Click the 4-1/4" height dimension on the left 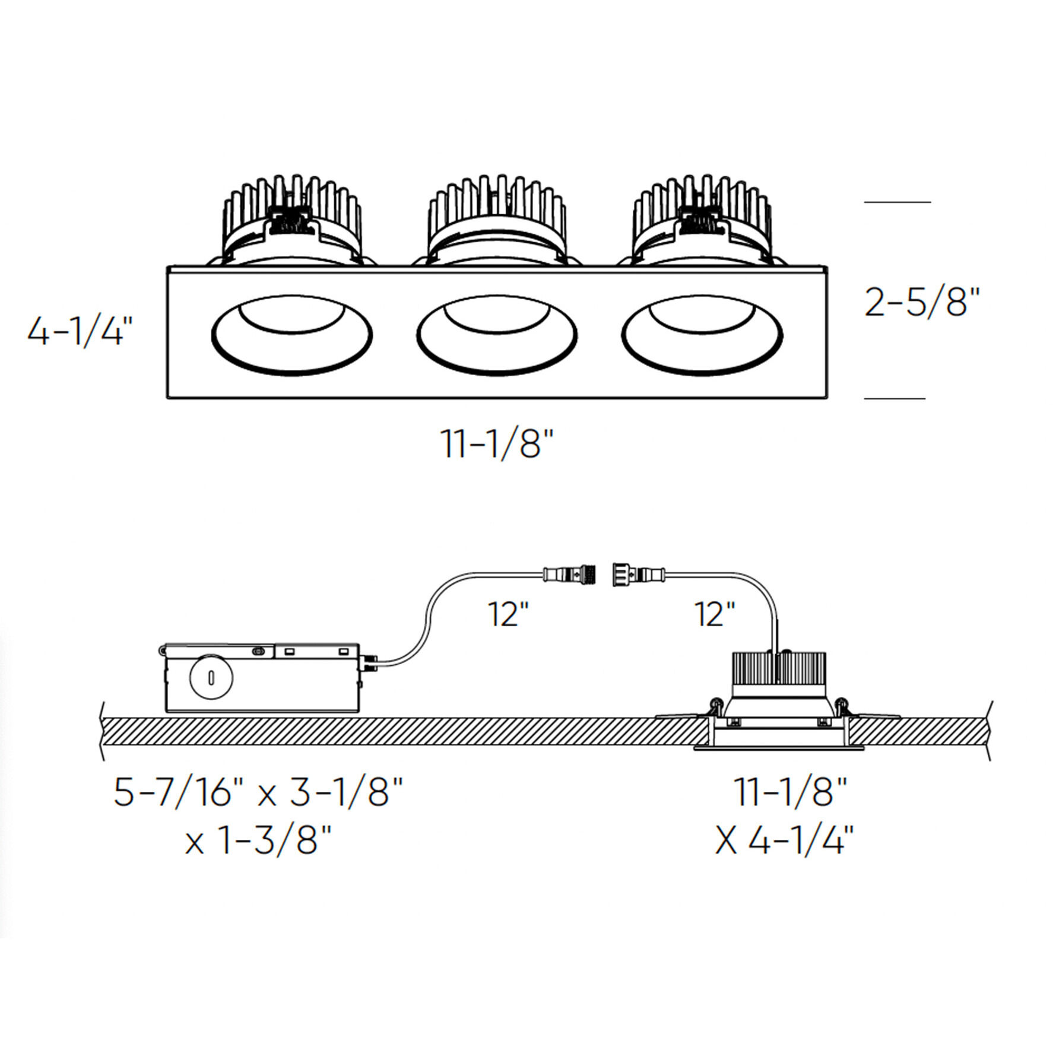point(80,331)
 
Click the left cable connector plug point(570,574)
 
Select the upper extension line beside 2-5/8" point(897,202)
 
